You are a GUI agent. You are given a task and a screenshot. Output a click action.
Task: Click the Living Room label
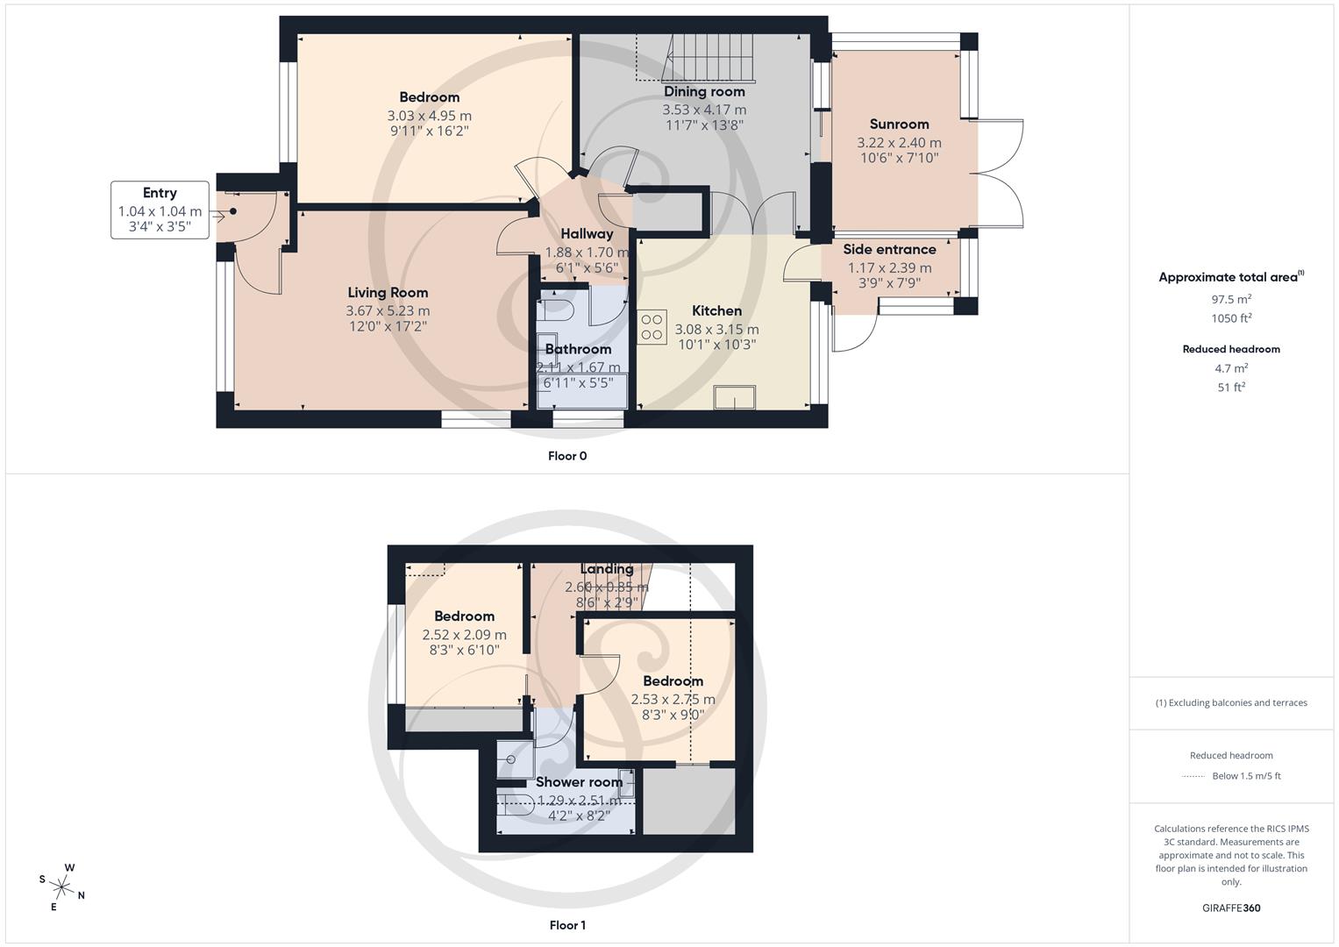click(x=388, y=293)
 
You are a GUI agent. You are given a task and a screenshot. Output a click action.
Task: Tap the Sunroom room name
click(x=899, y=125)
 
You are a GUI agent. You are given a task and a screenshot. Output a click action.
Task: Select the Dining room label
click(x=704, y=92)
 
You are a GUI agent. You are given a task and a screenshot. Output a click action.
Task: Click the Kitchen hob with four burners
click(x=652, y=326)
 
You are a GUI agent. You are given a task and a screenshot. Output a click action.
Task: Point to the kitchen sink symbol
click(x=735, y=397)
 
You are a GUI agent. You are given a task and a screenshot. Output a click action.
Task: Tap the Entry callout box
click(x=160, y=210)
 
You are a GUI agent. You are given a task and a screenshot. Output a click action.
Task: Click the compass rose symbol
click(x=62, y=886)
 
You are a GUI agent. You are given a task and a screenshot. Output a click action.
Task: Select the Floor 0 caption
click(x=567, y=456)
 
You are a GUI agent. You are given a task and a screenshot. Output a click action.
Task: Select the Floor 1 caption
click(x=567, y=925)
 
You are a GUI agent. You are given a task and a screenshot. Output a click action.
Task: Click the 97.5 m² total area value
click(x=1231, y=299)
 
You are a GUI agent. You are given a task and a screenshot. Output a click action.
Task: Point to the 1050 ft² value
click(x=1231, y=318)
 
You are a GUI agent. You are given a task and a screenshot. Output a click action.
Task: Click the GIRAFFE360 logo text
click(x=1231, y=908)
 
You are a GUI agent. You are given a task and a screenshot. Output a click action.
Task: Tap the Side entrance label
click(x=889, y=250)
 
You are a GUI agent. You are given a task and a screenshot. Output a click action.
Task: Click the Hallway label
click(x=587, y=234)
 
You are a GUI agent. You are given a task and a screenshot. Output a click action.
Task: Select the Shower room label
click(x=579, y=782)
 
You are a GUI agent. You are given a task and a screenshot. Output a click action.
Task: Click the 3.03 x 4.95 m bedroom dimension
click(x=429, y=116)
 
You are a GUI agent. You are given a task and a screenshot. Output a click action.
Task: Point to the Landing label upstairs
click(x=606, y=569)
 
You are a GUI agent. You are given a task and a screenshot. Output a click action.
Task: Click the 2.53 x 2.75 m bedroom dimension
click(x=673, y=700)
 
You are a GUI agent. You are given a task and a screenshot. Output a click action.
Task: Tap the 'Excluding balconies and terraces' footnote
click(x=1231, y=702)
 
